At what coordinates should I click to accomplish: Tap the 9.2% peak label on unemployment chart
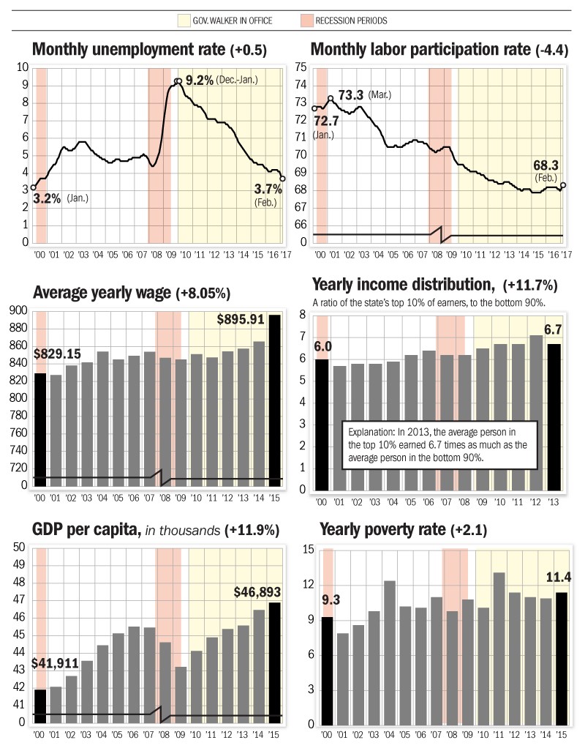coord(199,80)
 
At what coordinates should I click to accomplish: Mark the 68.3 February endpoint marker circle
coord(564,185)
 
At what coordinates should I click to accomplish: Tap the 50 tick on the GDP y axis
coord(20,548)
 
